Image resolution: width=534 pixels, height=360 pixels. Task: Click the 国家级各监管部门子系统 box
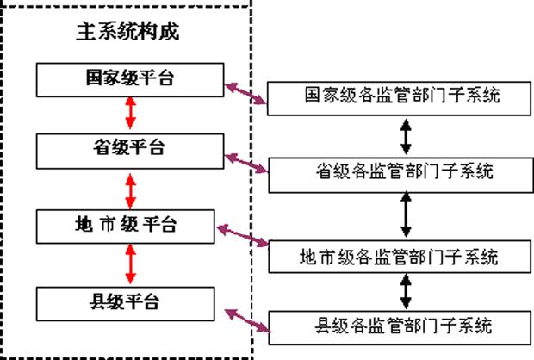[x=401, y=96]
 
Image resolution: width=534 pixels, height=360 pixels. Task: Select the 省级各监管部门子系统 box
[x=401, y=172]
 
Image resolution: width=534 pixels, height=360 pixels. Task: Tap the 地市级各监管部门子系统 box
[x=401, y=256]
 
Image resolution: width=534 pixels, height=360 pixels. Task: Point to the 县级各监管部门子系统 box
[x=401, y=326]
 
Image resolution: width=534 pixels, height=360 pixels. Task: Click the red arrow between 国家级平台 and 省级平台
[x=130, y=114]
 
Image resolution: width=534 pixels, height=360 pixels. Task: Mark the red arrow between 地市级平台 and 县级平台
[x=130, y=264]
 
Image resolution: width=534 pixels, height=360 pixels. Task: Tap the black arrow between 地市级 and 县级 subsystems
[x=405, y=291]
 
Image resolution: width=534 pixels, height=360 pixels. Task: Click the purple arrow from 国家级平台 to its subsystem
[x=246, y=93]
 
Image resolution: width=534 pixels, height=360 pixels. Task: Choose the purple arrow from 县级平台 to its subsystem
[x=245, y=319]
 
